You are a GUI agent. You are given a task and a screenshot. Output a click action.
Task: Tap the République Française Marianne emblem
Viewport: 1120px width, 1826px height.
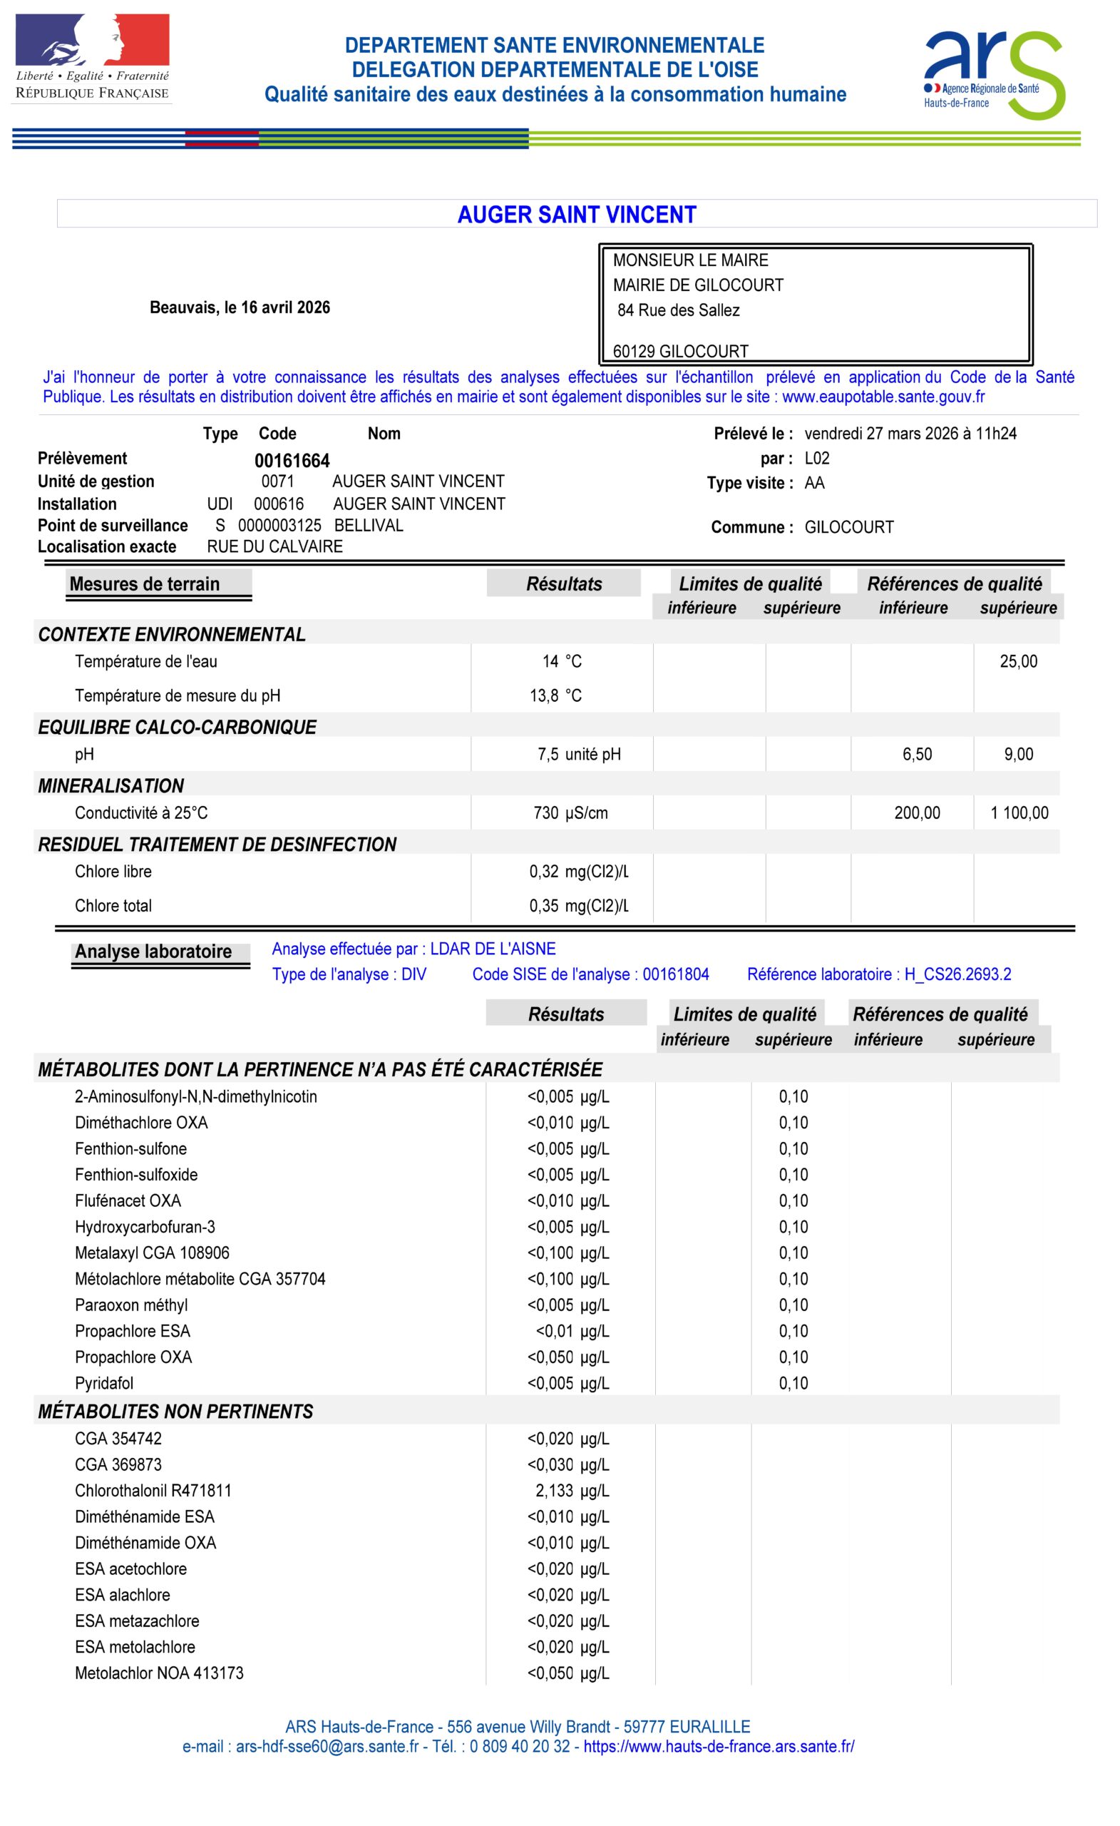click(93, 41)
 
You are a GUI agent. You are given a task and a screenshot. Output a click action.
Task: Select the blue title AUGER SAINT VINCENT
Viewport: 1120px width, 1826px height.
click(576, 215)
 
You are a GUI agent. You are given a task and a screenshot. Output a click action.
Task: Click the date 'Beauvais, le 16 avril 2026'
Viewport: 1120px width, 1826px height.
click(240, 307)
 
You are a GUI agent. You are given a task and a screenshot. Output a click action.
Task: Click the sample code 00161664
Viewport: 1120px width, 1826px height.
click(292, 461)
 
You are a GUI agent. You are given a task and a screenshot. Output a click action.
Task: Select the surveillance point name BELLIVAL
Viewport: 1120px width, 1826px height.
click(368, 526)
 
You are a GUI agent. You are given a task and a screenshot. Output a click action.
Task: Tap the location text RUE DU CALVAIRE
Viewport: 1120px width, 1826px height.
click(274, 547)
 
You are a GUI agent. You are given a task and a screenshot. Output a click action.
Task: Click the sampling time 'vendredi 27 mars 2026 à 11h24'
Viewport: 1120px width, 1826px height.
click(910, 434)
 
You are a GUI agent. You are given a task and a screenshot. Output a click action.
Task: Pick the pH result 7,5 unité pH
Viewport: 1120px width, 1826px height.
click(578, 755)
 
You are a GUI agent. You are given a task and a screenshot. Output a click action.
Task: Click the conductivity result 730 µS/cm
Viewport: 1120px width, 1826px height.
click(570, 813)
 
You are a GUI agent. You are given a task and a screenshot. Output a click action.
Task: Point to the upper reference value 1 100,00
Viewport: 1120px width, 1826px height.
click(1019, 813)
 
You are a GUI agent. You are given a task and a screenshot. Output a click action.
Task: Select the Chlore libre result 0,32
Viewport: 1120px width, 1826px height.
click(544, 872)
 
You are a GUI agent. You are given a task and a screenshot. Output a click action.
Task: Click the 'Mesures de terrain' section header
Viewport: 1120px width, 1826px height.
click(145, 584)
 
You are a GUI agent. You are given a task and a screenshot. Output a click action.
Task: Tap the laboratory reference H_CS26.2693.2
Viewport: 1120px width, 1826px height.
click(957, 974)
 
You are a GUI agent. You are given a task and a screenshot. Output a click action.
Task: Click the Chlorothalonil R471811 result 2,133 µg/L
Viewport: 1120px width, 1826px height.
click(571, 1490)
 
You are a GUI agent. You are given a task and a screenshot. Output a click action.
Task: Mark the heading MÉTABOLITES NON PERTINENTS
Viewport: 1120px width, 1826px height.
click(175, 1412)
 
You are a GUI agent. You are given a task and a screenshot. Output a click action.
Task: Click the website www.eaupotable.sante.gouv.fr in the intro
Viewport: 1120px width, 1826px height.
click(883, 397)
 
